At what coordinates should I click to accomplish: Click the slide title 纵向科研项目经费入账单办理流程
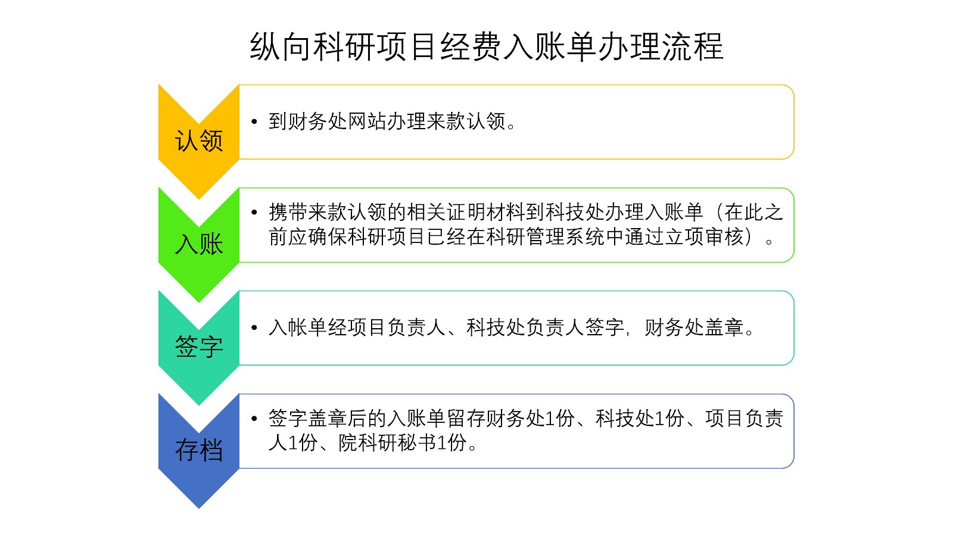pyautogui.click(x=486, y=46)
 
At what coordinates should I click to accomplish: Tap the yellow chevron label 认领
pyautogui.click(x=199, y=141)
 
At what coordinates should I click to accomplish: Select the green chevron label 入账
pyautogui.click(x=199, y=244)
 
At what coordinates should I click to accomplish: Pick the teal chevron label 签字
pyautogui.click(x=199, y=347)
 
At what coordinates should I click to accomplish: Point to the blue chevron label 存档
pyautogui.click(x=199, y=450)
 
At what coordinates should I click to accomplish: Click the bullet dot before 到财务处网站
pyautogui.click(x=254, y=121)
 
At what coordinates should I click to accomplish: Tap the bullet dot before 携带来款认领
pyautogui.click(x=254, y=212)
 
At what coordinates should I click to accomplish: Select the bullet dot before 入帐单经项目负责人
pyautogui.click(x=254, y=328)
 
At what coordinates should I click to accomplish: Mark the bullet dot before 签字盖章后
pyautogui.click(x=254, y=419)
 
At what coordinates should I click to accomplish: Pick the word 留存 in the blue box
pyautogui.click(x=466, y=419)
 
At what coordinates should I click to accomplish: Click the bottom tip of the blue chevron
pyautogui.click(x=199, y=508)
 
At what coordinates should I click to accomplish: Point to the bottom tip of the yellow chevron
pyautogui.click(x=199, y=199)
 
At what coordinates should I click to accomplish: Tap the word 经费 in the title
pyautogui.click(x=471, y=46)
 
